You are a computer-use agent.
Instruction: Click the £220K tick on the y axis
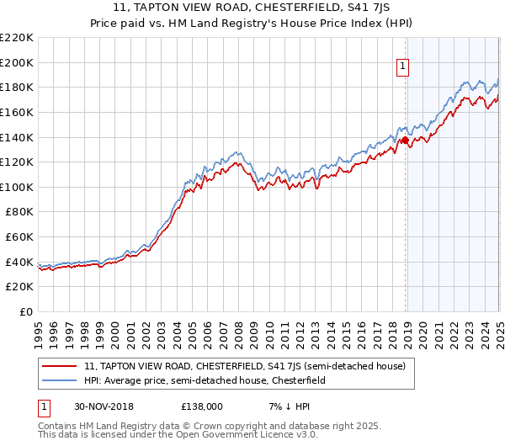coord(17,38)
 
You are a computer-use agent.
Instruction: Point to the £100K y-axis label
coord(17,187)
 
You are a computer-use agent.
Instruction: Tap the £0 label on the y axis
coord(26,311)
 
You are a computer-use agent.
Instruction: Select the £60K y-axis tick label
coord(19,237)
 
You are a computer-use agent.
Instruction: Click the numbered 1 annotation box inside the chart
coord(403,67)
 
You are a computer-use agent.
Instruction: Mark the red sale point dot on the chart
coord(406,140)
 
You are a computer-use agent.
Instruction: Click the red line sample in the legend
coord(61,366)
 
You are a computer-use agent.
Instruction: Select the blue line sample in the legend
coord(61,380)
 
